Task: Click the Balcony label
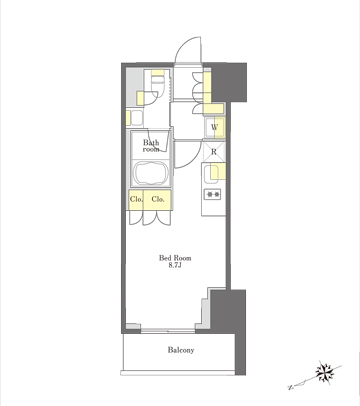pyautogui.click(x=181, y=350)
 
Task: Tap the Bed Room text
pyautogui.click(x=175, y=258)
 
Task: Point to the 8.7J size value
pyautogui.click(x=175, y=266)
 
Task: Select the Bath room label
pyautogui.click(x=151, y=146)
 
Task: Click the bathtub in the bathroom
pyautogui.click(x=151, y=173)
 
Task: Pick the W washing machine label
pyautogui.click(x=214, y=127)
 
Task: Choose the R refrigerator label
pyautogui.click(x=214, y=152)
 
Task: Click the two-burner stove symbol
pyautogui.click(x=213, y=194)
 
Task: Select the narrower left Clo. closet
pyautogui.click(x=136, y=200)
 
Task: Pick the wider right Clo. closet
pyautogui.click(x=157, y=200)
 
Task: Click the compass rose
pyautogui.click(x=325, y=372)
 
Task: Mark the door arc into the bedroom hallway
pyautogui.click(x=193, y=160)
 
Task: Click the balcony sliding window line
pyautogui.click(x=168, y=331)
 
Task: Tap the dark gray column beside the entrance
pyautogui.click(x=229, y=82)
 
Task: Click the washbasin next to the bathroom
pyautogui.click(x=137, y=117)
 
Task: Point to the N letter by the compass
pyautogui.click(x=291, y=387)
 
